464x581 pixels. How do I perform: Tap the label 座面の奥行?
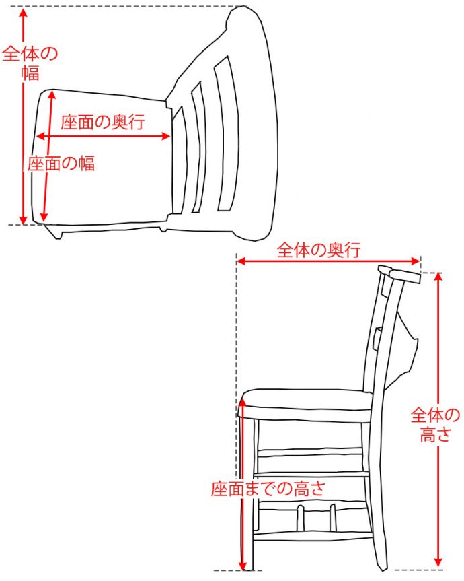pos(102,122)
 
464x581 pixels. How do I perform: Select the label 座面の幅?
pos(61,163)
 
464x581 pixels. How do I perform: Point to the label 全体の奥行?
pos(319,250)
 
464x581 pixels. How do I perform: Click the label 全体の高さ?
pos(436,424)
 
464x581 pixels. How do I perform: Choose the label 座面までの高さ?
pos(268,488)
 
